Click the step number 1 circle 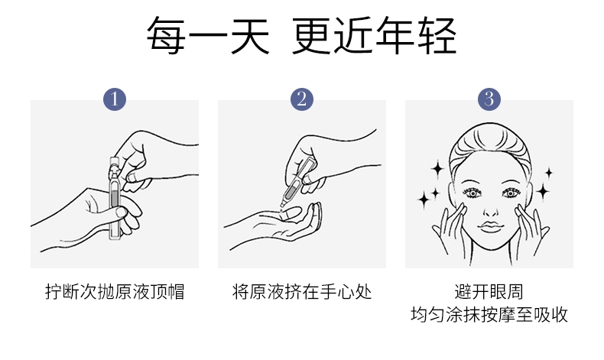(x=114, y=99)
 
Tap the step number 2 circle (x=302, y=99)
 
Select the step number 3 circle (x=489, y=99)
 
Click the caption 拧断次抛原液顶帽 (x=115, y=292)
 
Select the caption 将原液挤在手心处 (x=302, y=292)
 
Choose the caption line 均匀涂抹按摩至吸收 (x=489, y=315)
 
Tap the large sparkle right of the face (x=543, y=190)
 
